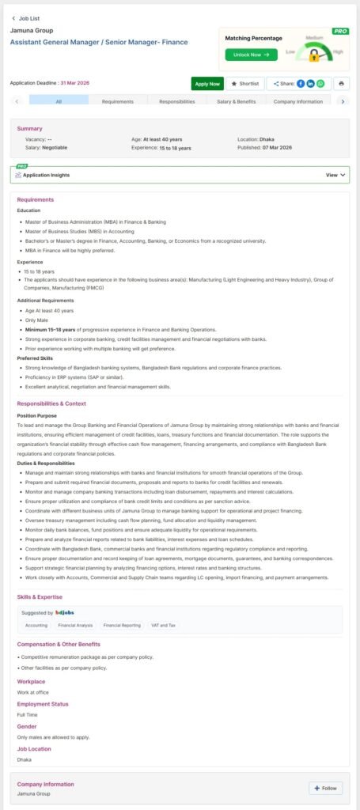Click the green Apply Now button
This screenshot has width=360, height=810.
tap(207, 83)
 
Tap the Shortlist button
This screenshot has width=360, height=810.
tap(245, 83)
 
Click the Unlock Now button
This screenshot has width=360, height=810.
tap(251, 55)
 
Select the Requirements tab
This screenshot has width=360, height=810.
tap(117, 101)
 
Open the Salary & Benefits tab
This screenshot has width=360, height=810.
tap(236, 101)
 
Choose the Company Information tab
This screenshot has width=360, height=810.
tap(297, 101)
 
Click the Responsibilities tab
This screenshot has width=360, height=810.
tap(177, 101)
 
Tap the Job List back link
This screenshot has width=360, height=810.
tap(27, 17)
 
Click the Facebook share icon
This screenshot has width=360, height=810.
tap(301, 83)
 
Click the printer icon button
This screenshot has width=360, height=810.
tap(341, 83)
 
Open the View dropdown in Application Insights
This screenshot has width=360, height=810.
tap(336, 175)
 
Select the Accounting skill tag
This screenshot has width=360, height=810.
tap(36, 625)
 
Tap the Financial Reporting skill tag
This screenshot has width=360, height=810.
tap(122, 625)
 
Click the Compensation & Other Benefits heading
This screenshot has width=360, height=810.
tap(59, 644)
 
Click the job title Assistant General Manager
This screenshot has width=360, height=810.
tap(99, 42)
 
